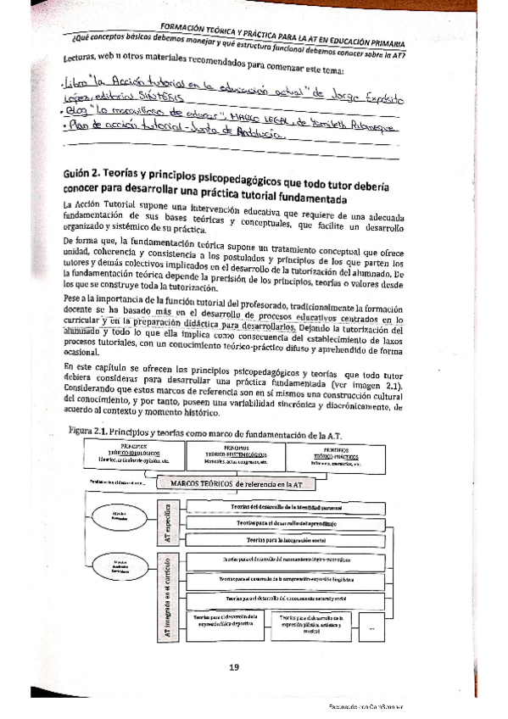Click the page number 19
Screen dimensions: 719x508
pos(236,666)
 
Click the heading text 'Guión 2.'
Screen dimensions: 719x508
pos(87,174)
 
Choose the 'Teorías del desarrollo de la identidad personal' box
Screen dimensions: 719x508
pos(286,506)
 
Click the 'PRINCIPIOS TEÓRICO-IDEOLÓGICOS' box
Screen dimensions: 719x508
pos(134,454)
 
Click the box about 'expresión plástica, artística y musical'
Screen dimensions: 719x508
pos(310,623)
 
